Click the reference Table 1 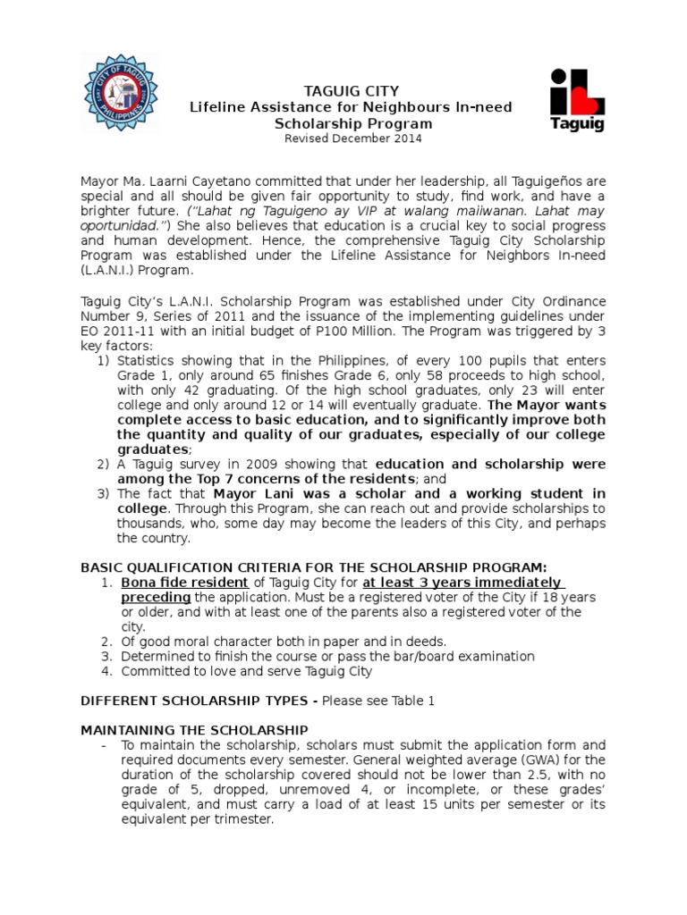click(411, 701)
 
